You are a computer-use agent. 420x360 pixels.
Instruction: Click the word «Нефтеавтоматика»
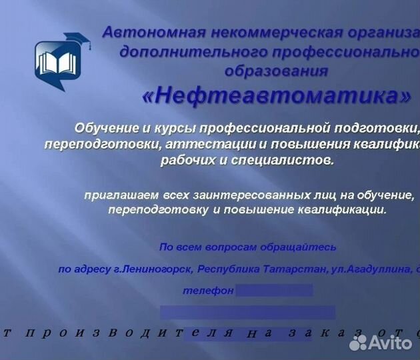(x=276, y=96)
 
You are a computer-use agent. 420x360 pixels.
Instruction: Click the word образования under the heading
(x=276, y=71)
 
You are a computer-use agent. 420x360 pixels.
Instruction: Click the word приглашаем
(x=113, y=195)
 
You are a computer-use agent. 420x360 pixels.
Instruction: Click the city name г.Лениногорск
(x=155, y=269)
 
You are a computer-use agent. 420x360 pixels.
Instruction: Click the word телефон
(x=208, y=291)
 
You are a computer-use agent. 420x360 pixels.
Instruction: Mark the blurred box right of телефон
(x=274, y=290)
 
